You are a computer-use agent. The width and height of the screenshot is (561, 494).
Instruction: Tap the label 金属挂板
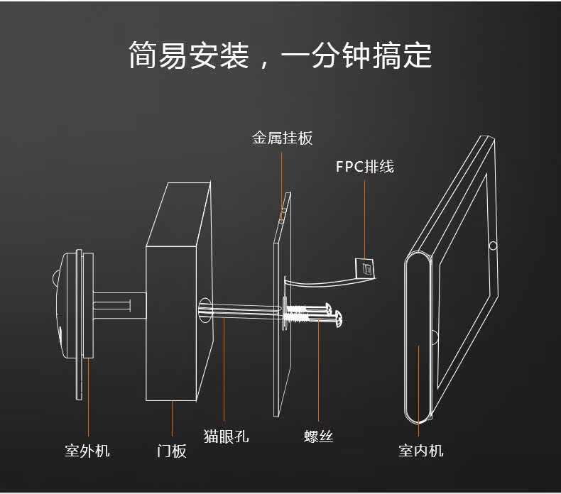pos(282,138)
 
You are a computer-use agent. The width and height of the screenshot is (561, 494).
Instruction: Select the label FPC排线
pos(364,167)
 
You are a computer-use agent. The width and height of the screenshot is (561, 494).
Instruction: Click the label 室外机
pos(87,450)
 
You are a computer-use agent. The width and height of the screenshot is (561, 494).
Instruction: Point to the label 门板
pos(172,450)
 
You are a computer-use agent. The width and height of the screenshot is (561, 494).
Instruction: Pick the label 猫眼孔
pos(226,436)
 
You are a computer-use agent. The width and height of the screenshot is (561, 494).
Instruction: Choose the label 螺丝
pos(318,436)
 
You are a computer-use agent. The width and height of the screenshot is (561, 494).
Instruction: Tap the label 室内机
pos(420,450)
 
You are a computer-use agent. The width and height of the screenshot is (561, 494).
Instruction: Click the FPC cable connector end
pos(365,268)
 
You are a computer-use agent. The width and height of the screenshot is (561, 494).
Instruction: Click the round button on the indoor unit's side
pos(492,246)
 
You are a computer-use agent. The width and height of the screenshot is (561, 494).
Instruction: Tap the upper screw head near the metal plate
pos(329,309)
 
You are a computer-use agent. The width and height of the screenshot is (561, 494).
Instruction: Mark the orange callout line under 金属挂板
pos(282,185)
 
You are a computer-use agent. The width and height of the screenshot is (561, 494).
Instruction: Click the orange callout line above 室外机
pos(88,397)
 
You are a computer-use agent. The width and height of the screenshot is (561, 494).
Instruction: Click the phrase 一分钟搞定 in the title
pos(356,55)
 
